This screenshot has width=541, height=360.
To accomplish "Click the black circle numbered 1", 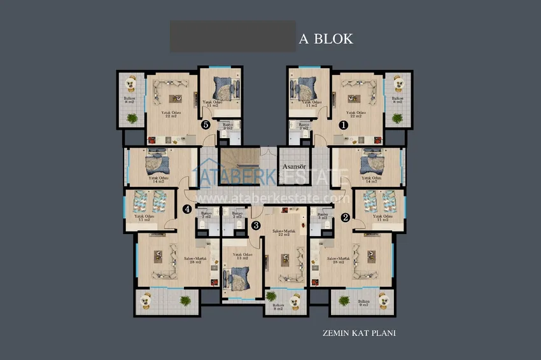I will [x=344, y=125].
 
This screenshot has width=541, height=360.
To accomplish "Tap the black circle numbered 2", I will [x=346, y=217].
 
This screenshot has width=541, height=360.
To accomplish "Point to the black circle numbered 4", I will [x=187, y=209].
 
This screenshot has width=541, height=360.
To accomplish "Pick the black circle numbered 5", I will [x=206, y=125].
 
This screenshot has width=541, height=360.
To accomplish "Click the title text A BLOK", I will [x=326, y=39].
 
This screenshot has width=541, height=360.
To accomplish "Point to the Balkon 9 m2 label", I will [x=363, y=303].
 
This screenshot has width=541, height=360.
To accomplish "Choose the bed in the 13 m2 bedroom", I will [x=239, y=279].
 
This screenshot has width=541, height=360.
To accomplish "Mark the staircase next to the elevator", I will [x=239, y=166].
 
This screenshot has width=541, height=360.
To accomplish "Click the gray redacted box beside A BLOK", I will [x=233, y=36].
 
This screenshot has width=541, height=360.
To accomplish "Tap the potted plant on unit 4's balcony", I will [x=185, y=300].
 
